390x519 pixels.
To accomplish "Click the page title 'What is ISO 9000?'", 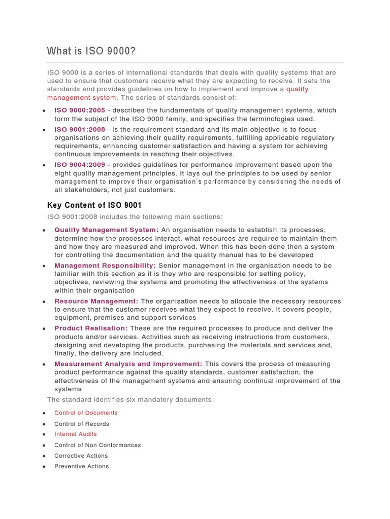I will pyautogui.click(x=91, y=51).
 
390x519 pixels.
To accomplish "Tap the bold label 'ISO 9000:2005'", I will pyautogui.click(x=80, y=110).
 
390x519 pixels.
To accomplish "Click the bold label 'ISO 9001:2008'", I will pyautogui.click(x=80, y=130).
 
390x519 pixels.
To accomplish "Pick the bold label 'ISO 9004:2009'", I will pyautogui.click(x=80, y=165).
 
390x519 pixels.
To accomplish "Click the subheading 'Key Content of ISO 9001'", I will pyautogui.click(x=94, y=205).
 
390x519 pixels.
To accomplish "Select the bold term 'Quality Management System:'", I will pyautogui.click(x=106, y=230).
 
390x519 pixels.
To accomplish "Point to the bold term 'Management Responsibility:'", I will pyautogui.click(x=105, y=266).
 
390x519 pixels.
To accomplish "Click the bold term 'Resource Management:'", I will pyautogui.click(x=96, y=301).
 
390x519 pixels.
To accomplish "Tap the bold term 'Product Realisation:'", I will pyautogui.click(x=91, y=328).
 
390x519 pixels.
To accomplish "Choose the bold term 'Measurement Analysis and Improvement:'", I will pyautogui.click(x=128, y=364).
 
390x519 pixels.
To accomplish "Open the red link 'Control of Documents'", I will pyautogui.click(x=86, y=413).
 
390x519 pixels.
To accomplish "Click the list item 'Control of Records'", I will pyautogui.click(x=82, y=424).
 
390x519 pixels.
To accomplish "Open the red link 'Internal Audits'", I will pyautogui.click(x=76, y=434).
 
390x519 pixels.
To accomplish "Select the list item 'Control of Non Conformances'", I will pyautogui.click(x=97, y=446).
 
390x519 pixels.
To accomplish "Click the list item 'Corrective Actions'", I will pyautogui.click(x=81, y=456).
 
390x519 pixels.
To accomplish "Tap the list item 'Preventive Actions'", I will pyautogui.click(x=82, y=467).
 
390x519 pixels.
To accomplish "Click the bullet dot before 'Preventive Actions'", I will pyautogui.click(x=45, y=467).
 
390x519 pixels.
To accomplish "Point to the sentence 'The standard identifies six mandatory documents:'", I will pyautogui.click(x=131, y=400).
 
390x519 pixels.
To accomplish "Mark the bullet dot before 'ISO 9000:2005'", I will pyautogui.click(x=45, y=110).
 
